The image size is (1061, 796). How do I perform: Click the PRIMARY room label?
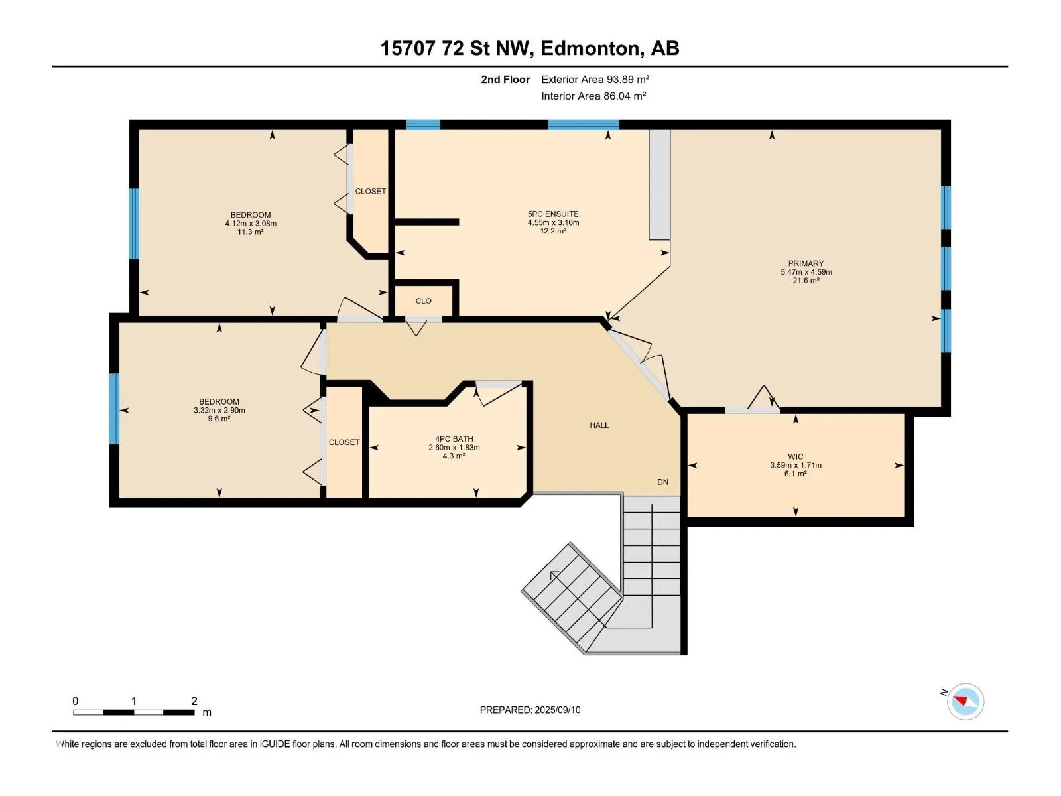point(805,263)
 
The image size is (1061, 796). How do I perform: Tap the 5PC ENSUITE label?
point(553,214)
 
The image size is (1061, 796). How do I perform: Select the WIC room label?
point(795,456)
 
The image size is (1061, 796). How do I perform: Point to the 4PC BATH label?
point(454,439)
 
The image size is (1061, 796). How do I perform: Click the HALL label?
point(599,425)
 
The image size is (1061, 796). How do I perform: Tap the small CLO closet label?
point(423,300)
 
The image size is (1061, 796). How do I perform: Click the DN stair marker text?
point(662,482)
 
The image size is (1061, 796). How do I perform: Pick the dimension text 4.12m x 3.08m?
point(251,224)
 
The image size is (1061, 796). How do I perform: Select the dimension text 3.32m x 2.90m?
point(219,411)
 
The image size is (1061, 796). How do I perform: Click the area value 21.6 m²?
point(805,281)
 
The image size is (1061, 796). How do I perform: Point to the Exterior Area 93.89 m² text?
point(595,79)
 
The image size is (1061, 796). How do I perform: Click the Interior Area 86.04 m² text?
point(593,96)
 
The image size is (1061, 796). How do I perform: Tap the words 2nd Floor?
point(505,79)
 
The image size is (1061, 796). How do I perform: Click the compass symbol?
point(965,702)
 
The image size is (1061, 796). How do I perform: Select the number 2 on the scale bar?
point(194,700)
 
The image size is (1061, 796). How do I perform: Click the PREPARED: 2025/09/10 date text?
point(530,710)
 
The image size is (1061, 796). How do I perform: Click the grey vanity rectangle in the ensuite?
point(659,184)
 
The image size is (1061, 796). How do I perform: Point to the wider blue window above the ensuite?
point(583,125)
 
